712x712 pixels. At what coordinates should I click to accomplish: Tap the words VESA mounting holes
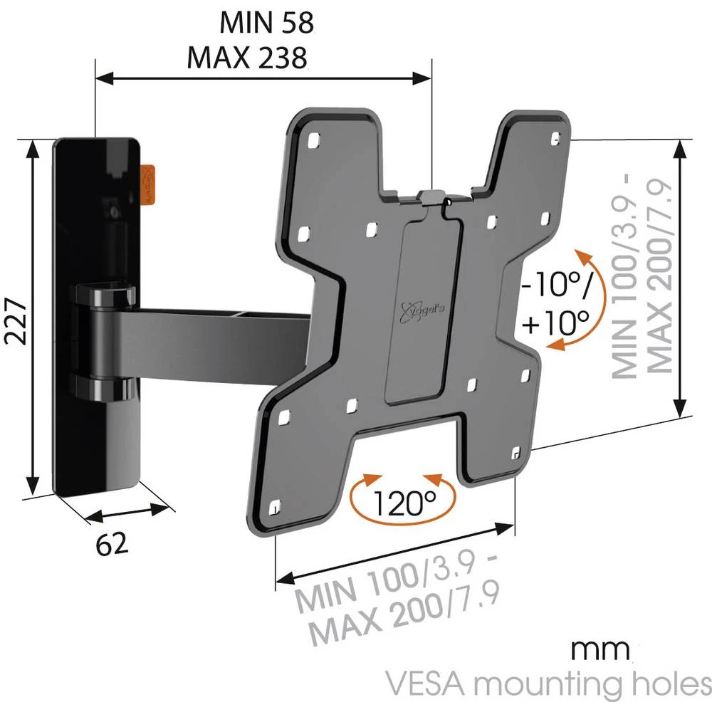548,684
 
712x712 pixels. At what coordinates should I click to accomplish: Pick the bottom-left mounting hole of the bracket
276,508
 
